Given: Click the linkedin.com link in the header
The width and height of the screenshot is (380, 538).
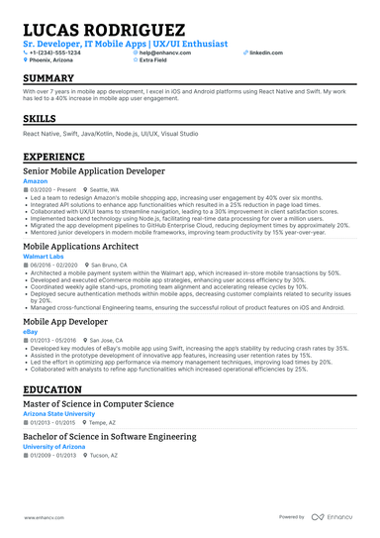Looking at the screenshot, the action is click(259, 53).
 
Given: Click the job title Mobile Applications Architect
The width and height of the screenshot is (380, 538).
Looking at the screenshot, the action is click(81, 247).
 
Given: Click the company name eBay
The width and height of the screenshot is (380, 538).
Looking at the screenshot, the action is click(31, 331).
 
